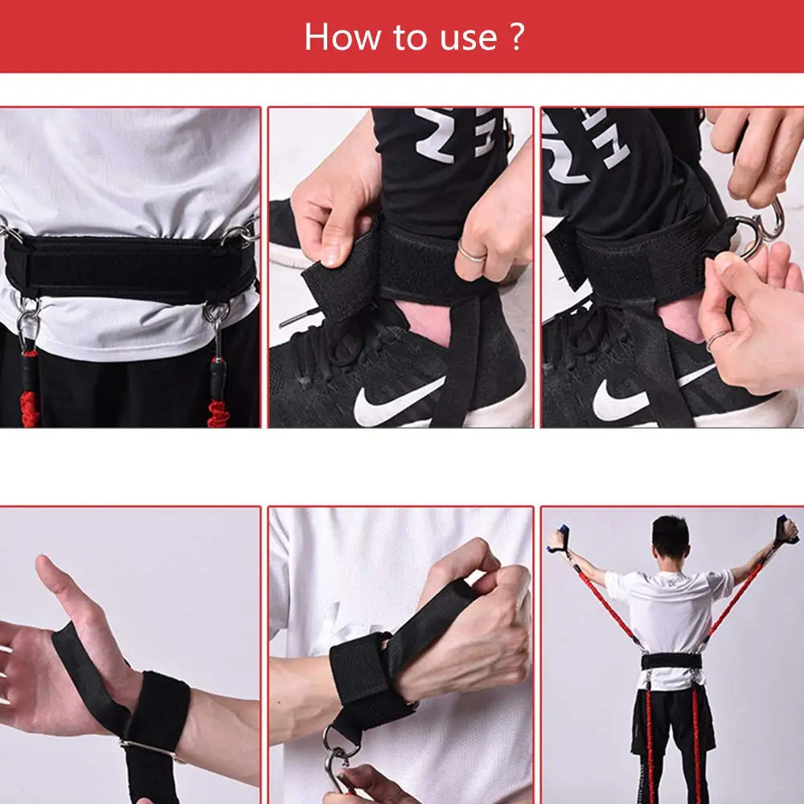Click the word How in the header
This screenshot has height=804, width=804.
click(x=336, y=38)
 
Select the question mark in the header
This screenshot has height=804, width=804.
click(x=517, y=38)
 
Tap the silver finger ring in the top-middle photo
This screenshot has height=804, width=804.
click(x=472, y=255)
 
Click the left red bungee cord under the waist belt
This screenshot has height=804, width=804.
click(x=30, y=394)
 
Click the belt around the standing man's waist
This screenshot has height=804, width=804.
click(x=671, y=661)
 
